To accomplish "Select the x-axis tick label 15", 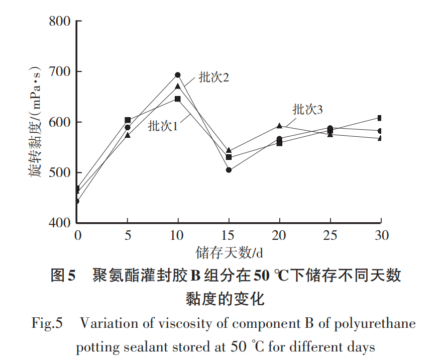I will click(229, 235).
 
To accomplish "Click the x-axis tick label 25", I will click(330, 235).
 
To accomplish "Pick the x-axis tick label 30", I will click(381, 235).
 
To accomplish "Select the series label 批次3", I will click(307, 110).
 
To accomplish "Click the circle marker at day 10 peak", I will click(178, 75).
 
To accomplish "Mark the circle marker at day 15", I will click(229, 170).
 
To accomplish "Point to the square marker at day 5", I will click(128, 120).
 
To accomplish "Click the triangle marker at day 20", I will click(279, 126).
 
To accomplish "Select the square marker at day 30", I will click(380, 118).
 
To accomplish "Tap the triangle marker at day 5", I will click(128, 135).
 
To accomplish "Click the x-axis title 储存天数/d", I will click(230, 250).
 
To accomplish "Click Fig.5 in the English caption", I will click(47, 323).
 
